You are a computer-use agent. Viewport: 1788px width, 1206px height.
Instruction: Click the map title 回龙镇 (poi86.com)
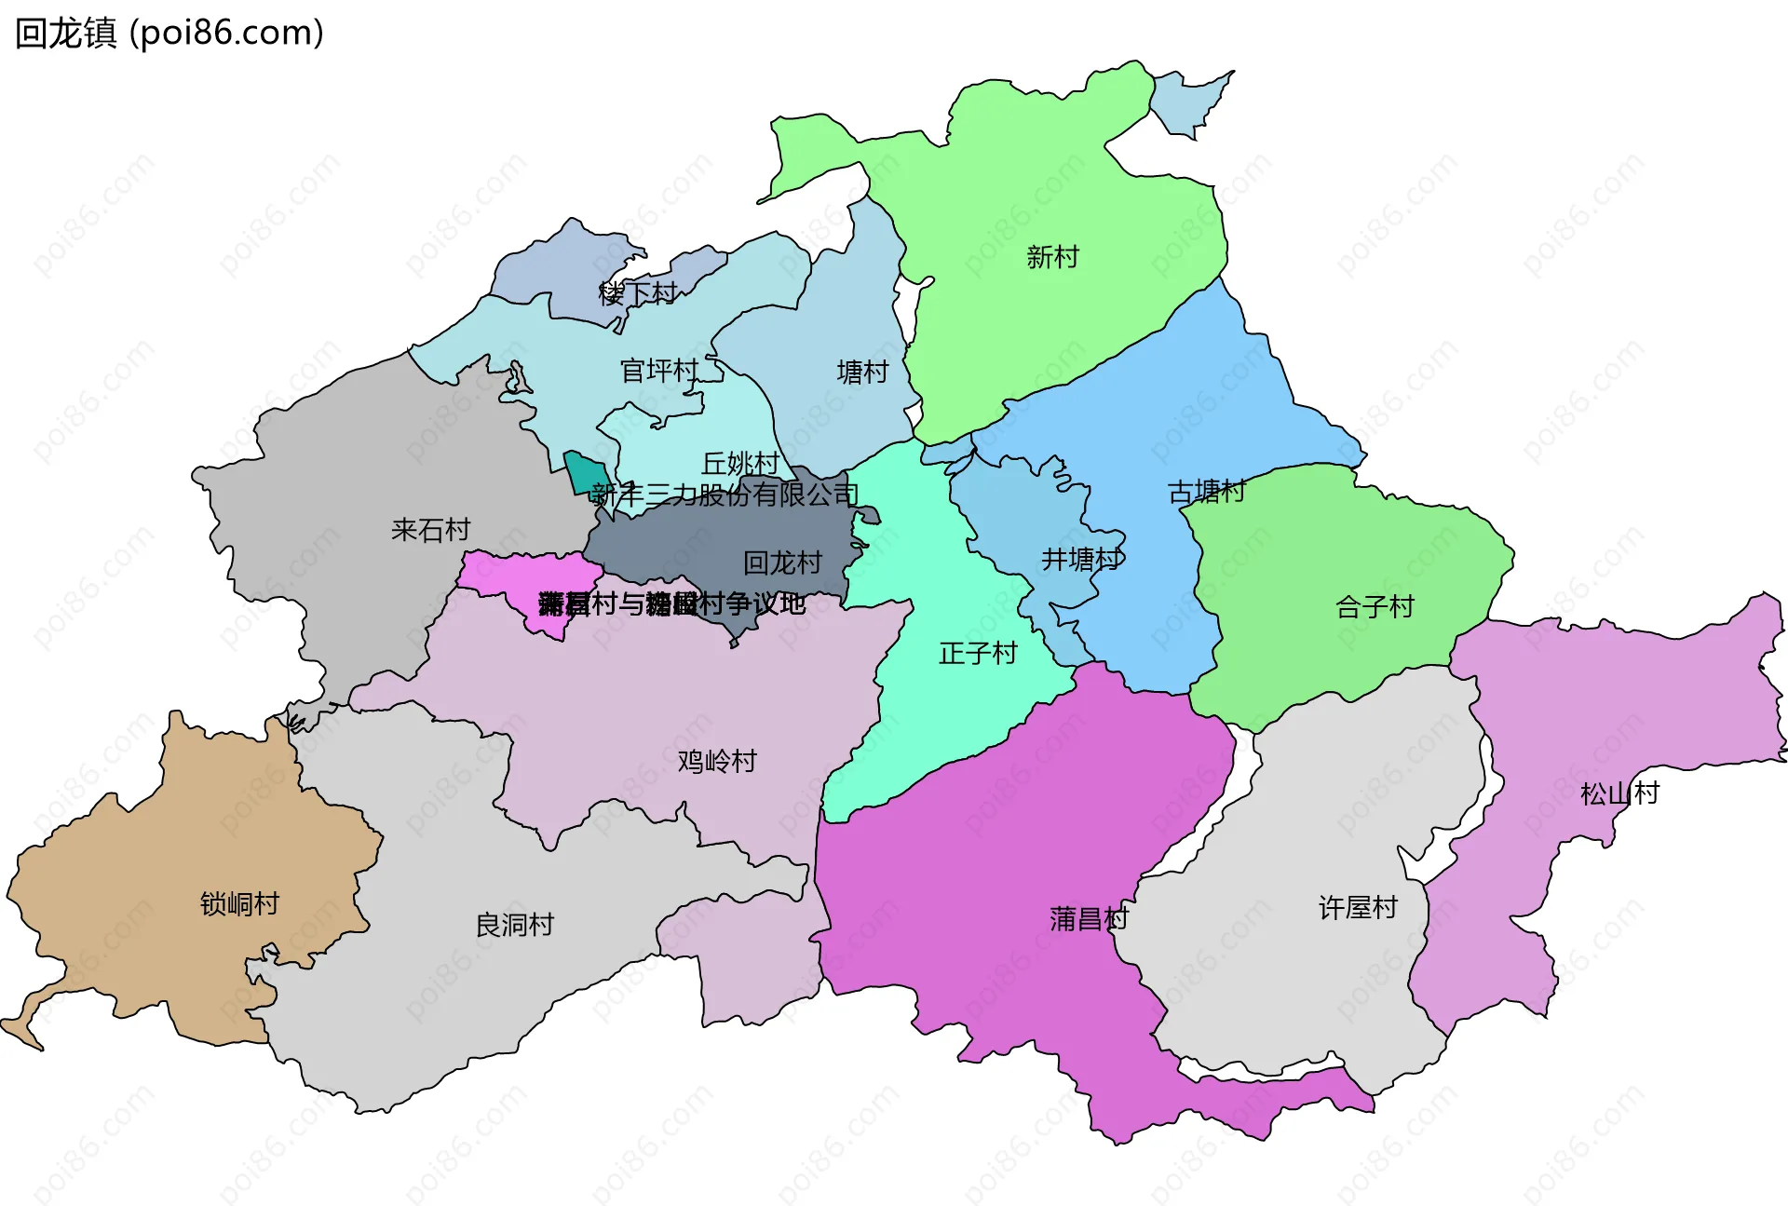coord(169,34)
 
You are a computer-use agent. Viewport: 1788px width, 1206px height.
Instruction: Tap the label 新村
coord(1052,257)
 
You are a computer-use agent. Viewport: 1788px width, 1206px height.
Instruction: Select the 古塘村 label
coord(1206,492)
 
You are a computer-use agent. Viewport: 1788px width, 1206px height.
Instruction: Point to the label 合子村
coord(1375,607)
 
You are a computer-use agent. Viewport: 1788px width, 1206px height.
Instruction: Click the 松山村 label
coord(1619,793)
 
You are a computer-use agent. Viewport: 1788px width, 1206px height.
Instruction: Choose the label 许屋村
coord(1358,907)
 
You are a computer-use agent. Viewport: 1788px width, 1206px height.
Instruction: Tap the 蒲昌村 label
coord(1089,919)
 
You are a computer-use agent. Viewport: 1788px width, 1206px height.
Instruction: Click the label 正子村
coord(978,653)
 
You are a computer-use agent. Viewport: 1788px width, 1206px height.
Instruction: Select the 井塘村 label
coord(1081,560)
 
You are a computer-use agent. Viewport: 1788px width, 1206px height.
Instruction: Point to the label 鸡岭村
coord(717,761)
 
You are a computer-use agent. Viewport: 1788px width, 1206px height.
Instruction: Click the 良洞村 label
coord(514,925)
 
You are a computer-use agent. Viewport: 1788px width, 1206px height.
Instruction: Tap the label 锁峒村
coord(239,903)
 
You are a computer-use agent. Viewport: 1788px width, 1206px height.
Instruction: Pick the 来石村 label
coord(430,530)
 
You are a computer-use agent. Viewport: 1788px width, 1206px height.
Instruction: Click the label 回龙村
coord(782,562)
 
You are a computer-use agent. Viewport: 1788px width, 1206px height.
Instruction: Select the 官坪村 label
coord(659,371)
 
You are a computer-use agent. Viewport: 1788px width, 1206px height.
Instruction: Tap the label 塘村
coord(862,373)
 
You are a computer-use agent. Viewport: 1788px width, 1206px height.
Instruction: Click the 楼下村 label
coord(637,293)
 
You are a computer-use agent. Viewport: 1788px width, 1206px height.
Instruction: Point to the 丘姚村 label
coord(740,463)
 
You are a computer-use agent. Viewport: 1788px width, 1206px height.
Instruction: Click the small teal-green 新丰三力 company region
coord(586,474)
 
